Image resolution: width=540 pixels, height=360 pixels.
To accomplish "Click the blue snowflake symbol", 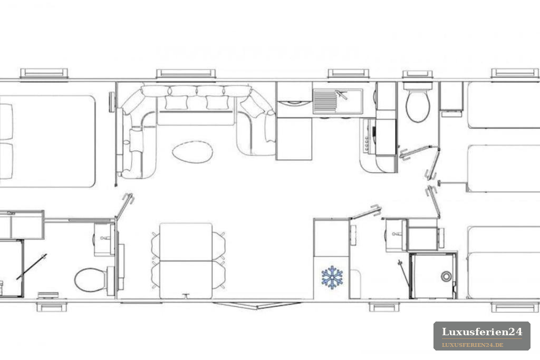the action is (332, 277).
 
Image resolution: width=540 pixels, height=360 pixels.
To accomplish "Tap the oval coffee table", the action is (192, 152).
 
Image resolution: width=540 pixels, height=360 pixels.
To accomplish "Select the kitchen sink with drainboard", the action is (338, 101).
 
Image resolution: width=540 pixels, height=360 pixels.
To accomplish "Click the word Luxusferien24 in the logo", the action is (482, 332).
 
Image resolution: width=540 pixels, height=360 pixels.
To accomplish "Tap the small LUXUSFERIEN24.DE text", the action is (472, 345).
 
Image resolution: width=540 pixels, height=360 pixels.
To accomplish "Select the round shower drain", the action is (446, 276).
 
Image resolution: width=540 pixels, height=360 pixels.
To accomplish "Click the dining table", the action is (186, 260).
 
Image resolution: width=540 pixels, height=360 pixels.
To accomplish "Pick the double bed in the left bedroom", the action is (47, 141).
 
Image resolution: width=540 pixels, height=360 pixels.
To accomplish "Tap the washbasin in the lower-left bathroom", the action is (104, 239).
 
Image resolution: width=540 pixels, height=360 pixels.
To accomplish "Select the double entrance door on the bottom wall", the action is (257, 305).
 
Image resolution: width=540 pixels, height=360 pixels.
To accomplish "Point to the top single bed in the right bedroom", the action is (504, 105).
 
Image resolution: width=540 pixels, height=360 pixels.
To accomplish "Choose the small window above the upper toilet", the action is (418, 74).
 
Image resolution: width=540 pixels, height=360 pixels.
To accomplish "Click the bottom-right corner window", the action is (515, 307).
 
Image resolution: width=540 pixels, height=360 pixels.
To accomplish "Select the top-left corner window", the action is (44, 73).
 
